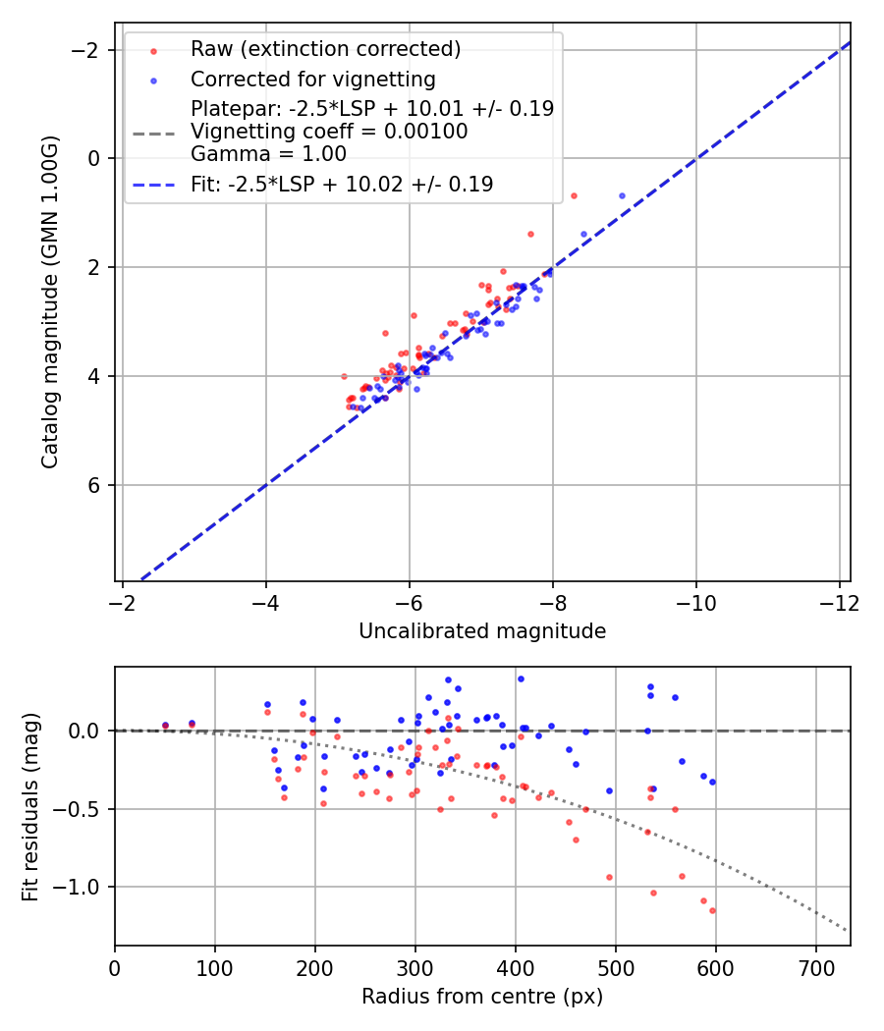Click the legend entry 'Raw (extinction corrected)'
pyautogui.click(x=325, y=49)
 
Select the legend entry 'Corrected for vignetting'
pyautogui.click(x=312, y=79)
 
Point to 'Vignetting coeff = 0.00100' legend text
pyautogui.click(x=329, y=132)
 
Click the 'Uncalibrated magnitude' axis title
pyautogui.click(x=482, y=631)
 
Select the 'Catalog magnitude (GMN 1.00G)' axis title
pyautogui.click(x=50, y=301)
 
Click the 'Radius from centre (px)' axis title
pyautogui.click(x=482, y=997)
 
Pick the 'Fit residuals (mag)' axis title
pyautogui.click(x=30, y=807)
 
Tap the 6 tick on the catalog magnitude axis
pyautogui.click(x=95, y=485)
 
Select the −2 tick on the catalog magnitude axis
pyautogui.click(x=90, y=49)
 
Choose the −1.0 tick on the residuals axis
pyautogui.click(x=82, y=887)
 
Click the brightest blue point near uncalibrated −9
pyautogui.click(x=622, y=195)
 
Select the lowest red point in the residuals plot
pyautogui.click(x=712, y=910)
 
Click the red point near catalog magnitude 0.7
pyautogui.click(x=574, y=195)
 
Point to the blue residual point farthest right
pyautogui.click(x=712, y=782)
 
